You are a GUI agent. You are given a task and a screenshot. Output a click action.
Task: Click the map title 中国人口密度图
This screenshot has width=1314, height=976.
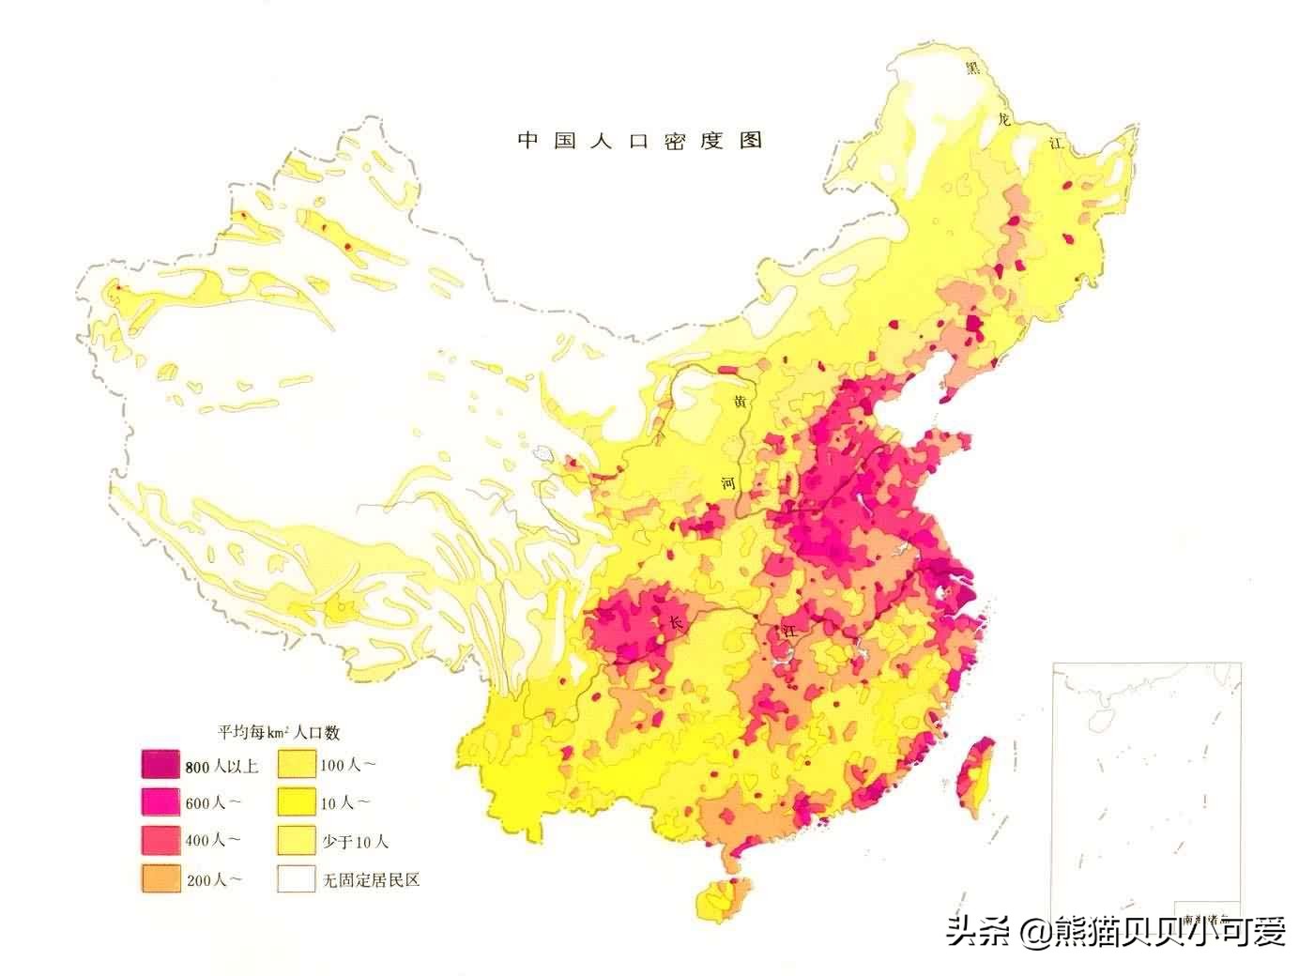(640, 141)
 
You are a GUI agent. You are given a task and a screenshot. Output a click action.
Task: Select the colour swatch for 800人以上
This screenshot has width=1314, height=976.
(160, 766)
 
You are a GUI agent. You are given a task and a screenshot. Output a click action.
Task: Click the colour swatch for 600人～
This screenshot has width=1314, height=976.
(160, 802)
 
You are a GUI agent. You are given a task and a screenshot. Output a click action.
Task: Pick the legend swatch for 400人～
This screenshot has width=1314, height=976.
(160, 840)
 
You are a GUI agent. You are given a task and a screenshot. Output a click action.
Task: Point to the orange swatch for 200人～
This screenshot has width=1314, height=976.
(160, 878)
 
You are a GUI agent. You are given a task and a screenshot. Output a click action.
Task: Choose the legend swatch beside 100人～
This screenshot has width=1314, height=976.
(296, 766)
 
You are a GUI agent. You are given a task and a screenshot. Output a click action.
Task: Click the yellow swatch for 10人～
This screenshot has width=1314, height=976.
(296, 802)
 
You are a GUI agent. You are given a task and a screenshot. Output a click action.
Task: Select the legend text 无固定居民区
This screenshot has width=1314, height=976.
(369, 879)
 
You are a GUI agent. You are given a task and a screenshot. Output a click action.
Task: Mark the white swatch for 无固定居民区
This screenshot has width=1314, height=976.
(296, 878)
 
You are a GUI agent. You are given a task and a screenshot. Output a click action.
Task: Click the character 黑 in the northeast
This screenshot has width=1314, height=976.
(974, 68)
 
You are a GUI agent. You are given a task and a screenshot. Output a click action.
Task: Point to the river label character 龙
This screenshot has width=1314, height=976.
(1005, 119)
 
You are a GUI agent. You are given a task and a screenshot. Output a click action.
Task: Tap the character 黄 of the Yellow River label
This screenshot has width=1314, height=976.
(741, 402)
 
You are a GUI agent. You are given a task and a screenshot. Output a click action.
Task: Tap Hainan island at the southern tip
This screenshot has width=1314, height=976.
(717, 899)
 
